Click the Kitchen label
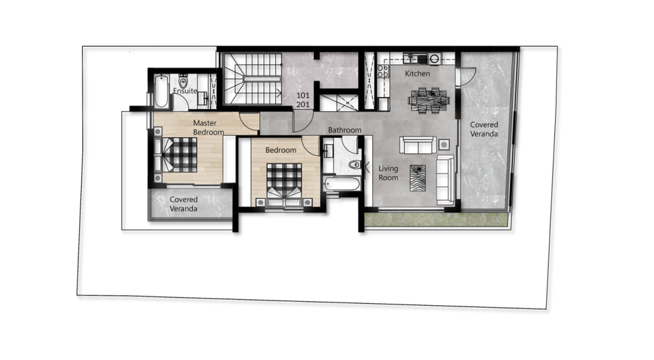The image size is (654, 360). [x=417, y=74]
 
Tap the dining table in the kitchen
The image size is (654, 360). [x=429, y=100]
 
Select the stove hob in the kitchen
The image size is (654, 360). [x=383, y=71]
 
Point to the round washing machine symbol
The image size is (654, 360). [x=434, y=58]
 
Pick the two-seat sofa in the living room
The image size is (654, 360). [x=418, y=145]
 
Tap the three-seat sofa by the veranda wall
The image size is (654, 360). [x=445, y=179]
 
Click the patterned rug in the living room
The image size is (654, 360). [x=418, y=178]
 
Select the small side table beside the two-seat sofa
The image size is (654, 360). [x=444, y=145]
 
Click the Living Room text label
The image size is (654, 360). [x=388, y=173]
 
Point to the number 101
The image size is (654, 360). [x=303, y=95]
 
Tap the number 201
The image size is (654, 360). [x=303, y=105]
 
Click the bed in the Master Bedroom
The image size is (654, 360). [x=176, y=154]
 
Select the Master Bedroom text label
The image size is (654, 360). [x=209, y=128]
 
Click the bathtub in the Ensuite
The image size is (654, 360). [x=160, y=91]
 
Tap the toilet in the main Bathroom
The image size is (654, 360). [x=354, y=165]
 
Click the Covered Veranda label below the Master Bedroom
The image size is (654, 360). [x=183, y=204]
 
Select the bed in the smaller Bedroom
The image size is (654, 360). [x=284, y=184]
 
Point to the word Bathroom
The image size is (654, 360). [x=344, y=130]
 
